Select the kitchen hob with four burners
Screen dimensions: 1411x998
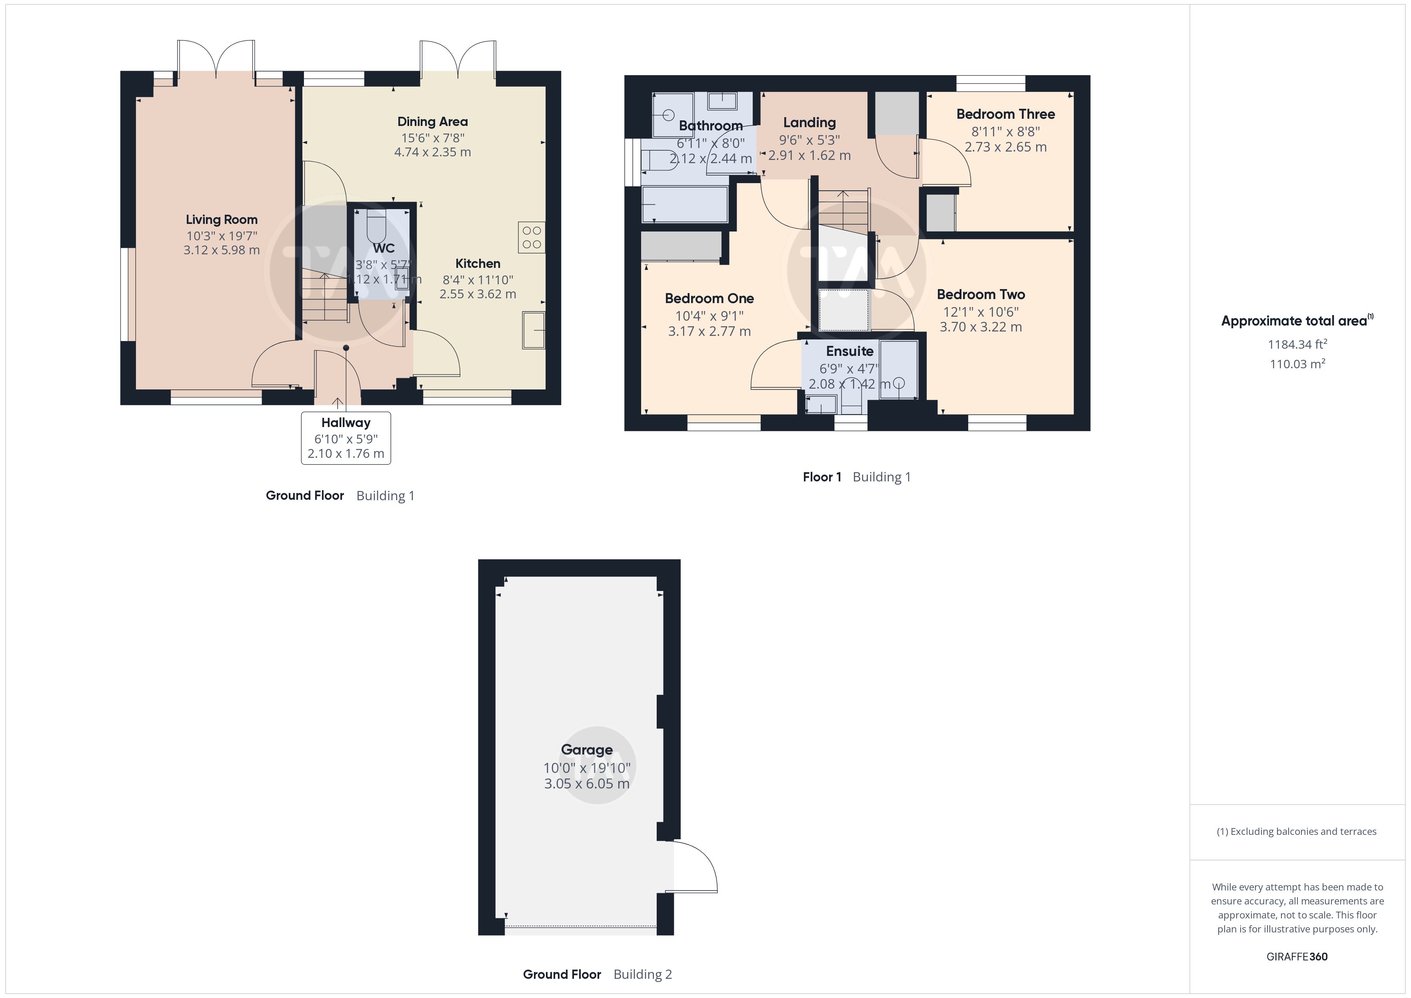[x=532, y=237]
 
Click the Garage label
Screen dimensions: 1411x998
[x=586, y=750]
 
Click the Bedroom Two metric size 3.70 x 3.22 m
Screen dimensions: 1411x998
[x=981, y=327]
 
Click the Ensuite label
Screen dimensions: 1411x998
[x=849, y=351]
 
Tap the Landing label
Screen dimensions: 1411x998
[x=809, y=122]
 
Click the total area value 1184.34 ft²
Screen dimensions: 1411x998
[x=1297, y=344]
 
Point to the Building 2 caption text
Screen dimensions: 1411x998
[x=643, y=974]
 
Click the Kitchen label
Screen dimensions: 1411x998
[x=478, y=263]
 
